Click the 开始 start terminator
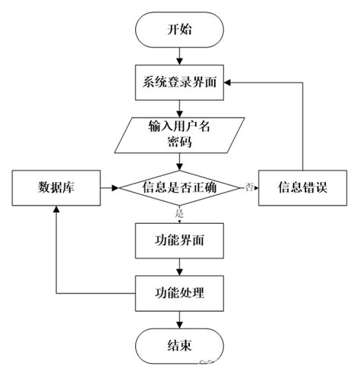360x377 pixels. click(180, 31)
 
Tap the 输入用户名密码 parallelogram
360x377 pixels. click(180, 134)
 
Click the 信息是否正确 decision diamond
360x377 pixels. click(180, 187)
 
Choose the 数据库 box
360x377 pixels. click(55, 187)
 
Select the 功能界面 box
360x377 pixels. click(180, 241)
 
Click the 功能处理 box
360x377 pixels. click(180, 291)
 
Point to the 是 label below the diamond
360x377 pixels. click(181, 213)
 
